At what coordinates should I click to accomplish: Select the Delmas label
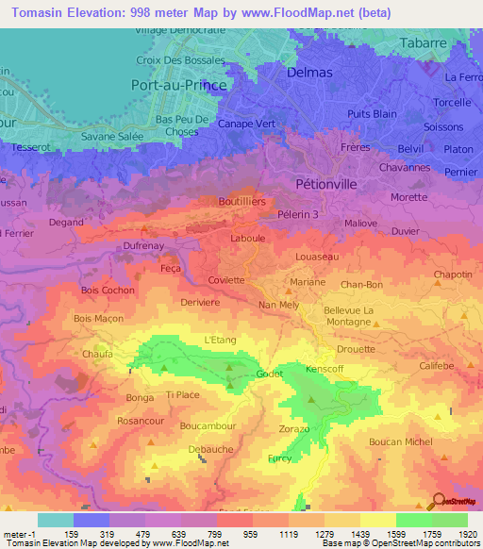click(x=308, y=72)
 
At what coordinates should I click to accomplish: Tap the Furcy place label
click(x=279, y=458)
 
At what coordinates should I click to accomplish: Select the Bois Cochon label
click(x=108, y=291)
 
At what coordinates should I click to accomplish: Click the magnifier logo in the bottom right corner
click(x=438, y=502)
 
